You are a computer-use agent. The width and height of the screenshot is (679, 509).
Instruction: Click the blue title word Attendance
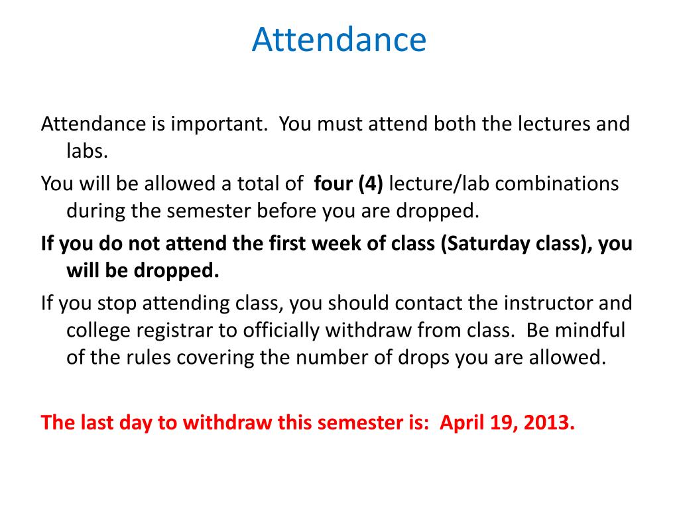(339, 40)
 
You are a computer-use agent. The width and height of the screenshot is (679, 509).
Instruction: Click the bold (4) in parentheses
(371, 184)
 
